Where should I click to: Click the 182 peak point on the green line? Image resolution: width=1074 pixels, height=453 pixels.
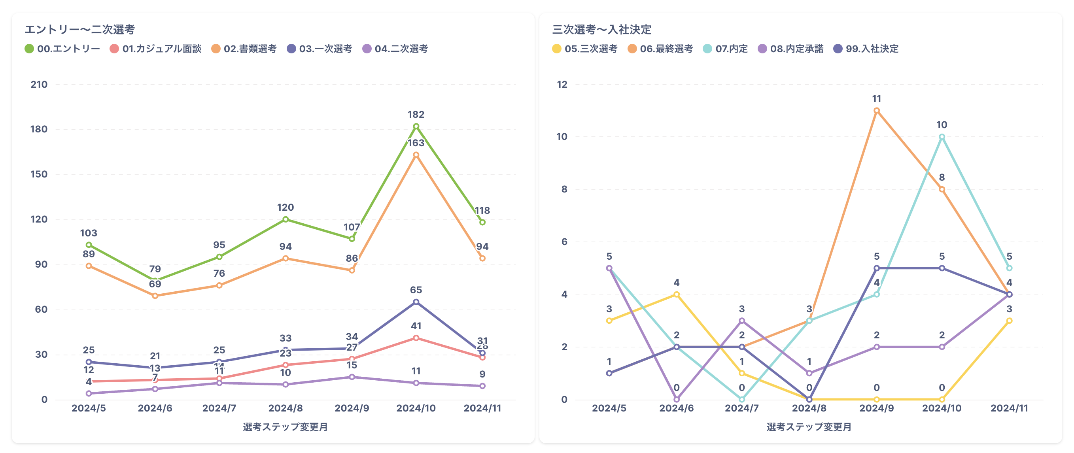pyautogui.click(x=416, y=126)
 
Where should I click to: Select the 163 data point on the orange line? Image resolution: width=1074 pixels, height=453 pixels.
pyautogui.click(x=416, y=155)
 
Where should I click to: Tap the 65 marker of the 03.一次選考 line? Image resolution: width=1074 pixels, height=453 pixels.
pyautogui.click(x=416, y=302)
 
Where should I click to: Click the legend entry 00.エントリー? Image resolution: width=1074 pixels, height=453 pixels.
pyautogui.click(x=62, y=49)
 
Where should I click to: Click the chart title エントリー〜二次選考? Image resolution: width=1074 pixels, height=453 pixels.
pyautogui.click(x=79, y=30)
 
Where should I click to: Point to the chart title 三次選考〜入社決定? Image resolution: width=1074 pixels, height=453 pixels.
pyautogui.click(x=601, y=30)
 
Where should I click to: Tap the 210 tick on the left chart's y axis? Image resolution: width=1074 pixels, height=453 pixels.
pyautogui.click(x=39, y=85)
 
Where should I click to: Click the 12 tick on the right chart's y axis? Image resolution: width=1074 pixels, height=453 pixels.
pyautogui.click(x=562, y=85)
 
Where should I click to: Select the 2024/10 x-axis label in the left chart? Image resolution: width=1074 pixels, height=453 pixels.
pyautogui.click(x=416, y=408)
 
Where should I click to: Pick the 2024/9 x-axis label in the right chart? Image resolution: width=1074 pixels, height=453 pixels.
pyautogui.click(x=876, y=408)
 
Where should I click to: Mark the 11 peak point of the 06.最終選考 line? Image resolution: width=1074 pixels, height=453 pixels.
pyautogui.click(x=876, y=111)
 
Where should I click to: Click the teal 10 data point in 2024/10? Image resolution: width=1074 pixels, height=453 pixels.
pyautogui.click(x=942, y=137)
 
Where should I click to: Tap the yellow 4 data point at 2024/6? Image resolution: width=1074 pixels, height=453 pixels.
pyautogui.click(x=676, y=294)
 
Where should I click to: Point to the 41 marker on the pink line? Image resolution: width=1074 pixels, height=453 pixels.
pyautogui.click(x=416, y=338)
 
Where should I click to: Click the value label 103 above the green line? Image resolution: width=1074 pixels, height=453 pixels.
pyautogui.click(x=89, y=233)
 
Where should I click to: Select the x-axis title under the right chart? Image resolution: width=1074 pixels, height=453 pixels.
pyautogui.click(x=809, y=427)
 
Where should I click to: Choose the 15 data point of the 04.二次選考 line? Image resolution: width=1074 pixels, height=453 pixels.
pyautogui.click(x=352, y=377)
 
